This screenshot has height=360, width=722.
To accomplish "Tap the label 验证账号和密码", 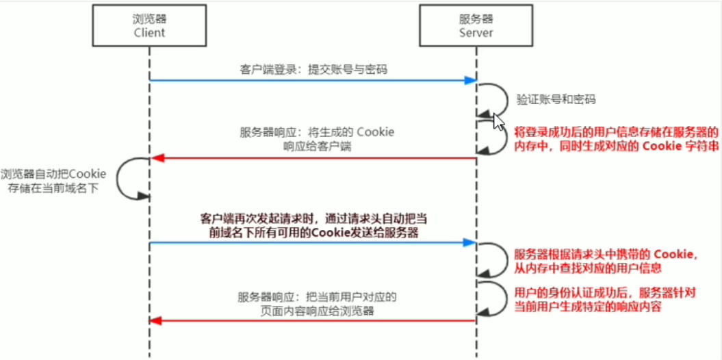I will pyautogui.click(x=556, y=100).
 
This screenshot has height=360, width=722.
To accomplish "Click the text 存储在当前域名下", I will pyautogui.click(x=54, y=187).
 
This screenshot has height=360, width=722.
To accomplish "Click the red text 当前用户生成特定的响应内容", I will pyautogui.click(x=589, y=307).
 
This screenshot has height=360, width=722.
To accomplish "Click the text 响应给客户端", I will pyautogui.click(x=317, y=146).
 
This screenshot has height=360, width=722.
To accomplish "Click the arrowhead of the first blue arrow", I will pyautogui.click(x=470, y=81).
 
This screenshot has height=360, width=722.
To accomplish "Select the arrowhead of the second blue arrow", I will pyautogui.click(x=470, y=242).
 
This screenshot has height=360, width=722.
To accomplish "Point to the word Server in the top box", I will pyautogui.click(x=476, y=33).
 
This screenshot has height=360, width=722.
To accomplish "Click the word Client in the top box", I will pyautogui.click(x=149, y=33).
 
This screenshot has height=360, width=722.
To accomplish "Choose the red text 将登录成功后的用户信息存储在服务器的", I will pyautogui.click(x=616, y=131).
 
